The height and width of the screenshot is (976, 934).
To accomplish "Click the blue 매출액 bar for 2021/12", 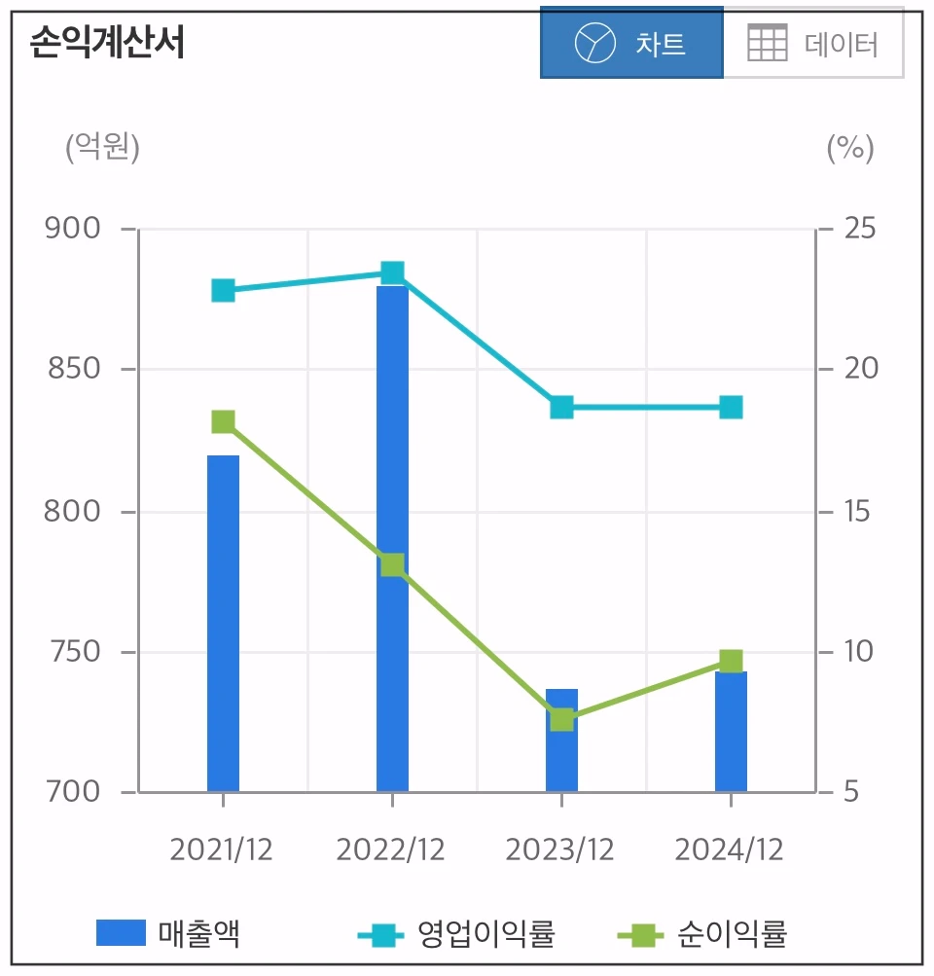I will [x=223, y=623].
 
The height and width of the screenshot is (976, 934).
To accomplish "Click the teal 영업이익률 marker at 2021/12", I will [x=223, y=290].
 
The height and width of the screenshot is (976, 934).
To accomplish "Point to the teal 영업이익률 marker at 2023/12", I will [x=561, y=407].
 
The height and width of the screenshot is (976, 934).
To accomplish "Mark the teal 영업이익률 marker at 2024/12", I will [x=731, y=407].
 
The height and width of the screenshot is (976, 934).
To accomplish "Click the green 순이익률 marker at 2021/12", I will [x=223, y=421].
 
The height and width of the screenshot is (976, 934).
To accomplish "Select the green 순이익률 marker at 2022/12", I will [x=392, y=565].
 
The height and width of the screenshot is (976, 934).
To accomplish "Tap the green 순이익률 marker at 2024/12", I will [x=731, y=662].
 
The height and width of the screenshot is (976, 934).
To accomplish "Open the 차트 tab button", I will [x=631, y=43].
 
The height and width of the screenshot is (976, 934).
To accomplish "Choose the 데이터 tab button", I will [x=813, y=43].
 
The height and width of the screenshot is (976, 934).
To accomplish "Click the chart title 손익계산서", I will [x=106, y=43].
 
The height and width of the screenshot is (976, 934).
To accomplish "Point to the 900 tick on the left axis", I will [x=73, y=229].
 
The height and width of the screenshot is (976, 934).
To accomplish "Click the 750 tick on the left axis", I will [x=73, y=651].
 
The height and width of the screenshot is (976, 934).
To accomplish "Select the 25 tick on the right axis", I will [x=860, y=229].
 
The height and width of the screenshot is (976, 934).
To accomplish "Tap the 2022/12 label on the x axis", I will [x=390, y=849].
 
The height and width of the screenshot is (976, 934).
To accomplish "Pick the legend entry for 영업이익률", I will [x=457, y=935].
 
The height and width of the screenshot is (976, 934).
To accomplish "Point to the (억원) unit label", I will [x=102, y=148].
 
